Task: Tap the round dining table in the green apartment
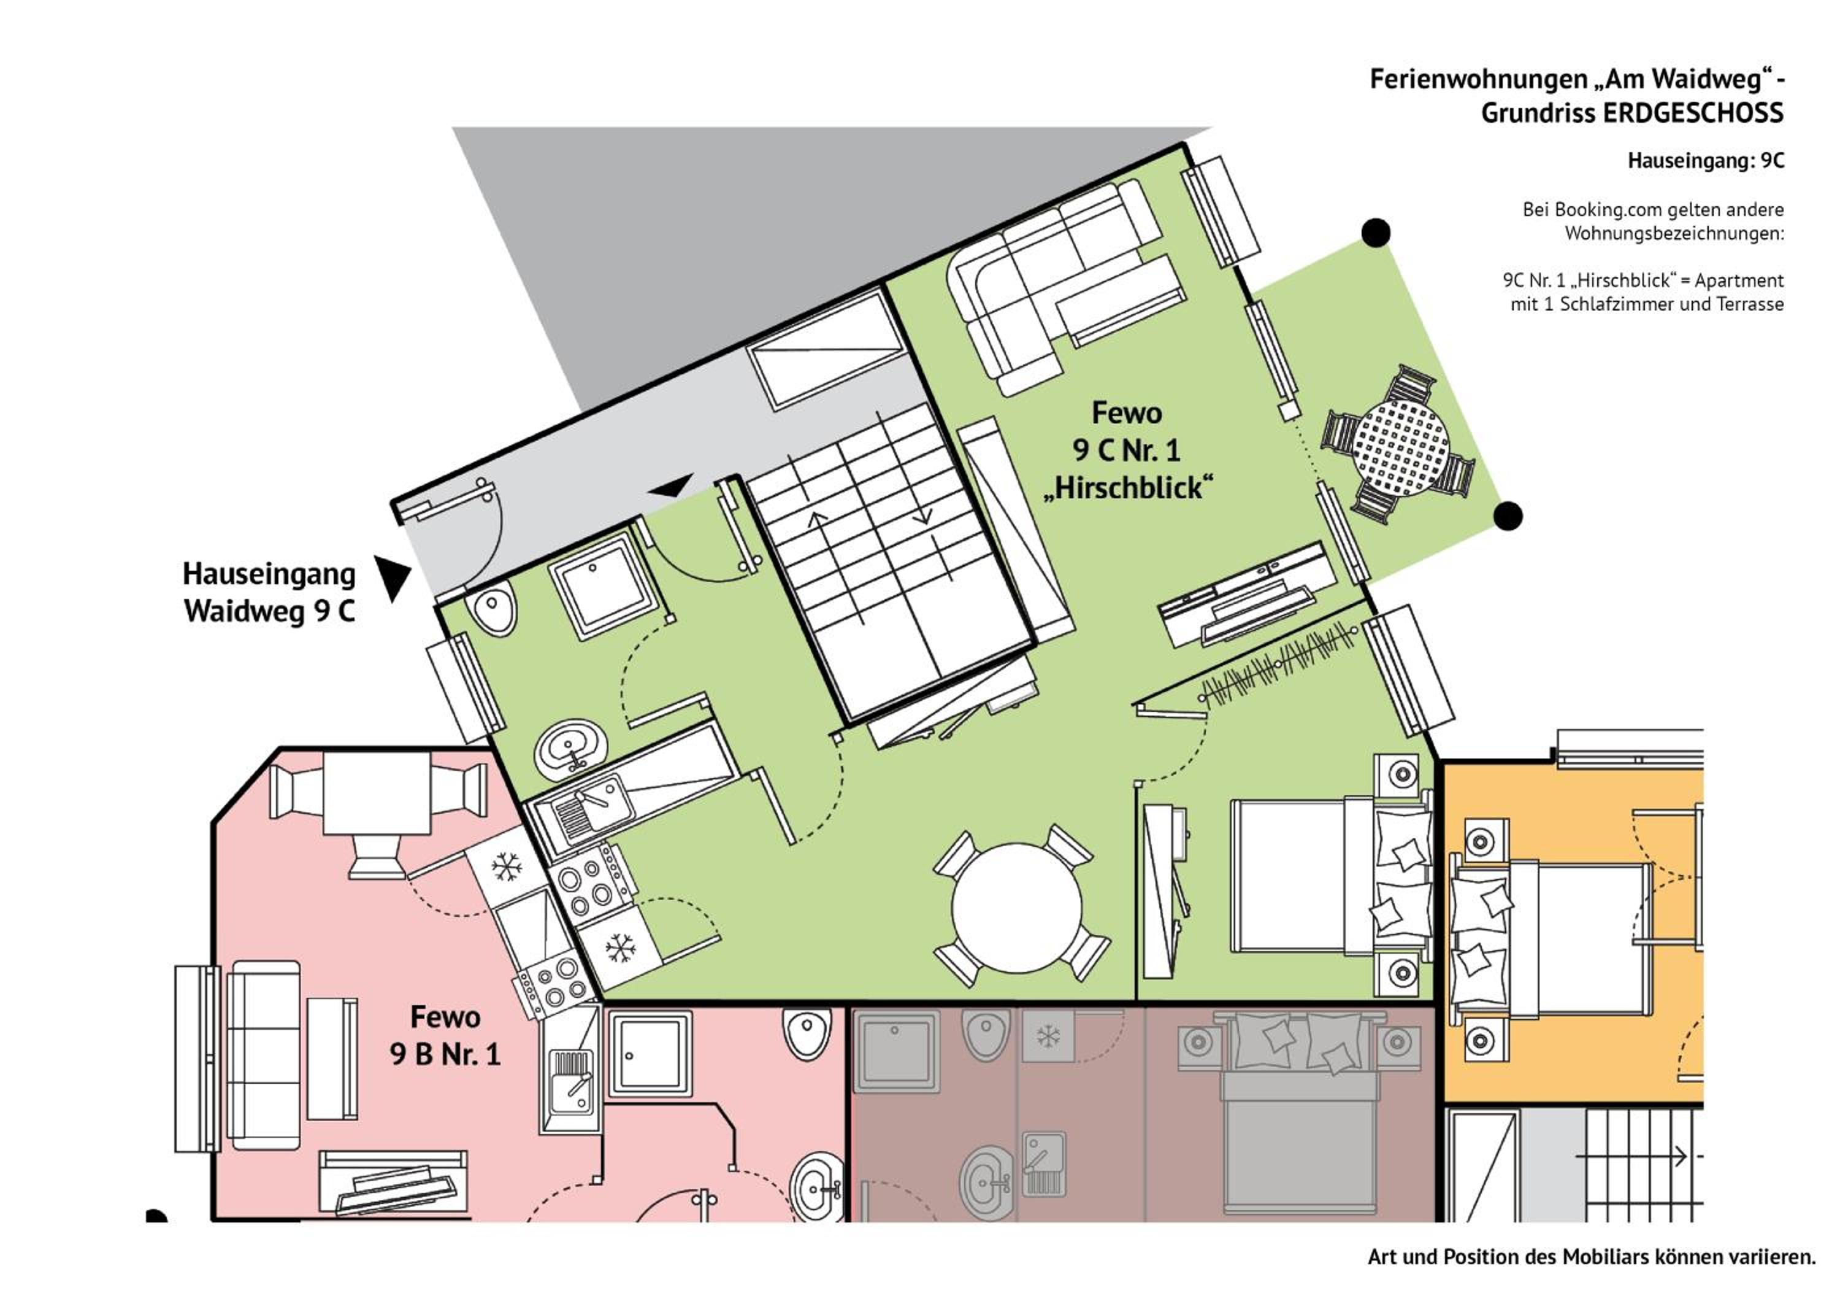[x=1017, y=908]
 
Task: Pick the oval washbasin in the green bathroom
[x=570, y=749]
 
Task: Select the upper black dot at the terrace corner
[x=1376, y=233]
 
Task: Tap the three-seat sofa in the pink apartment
[x=264, y=1044]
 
